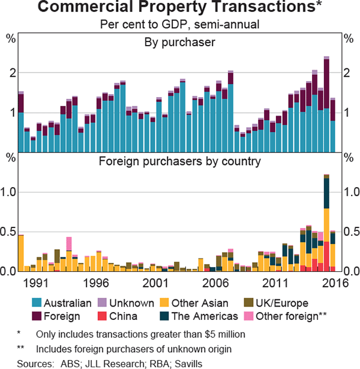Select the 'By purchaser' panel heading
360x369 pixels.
179,42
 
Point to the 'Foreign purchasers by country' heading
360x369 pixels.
179,161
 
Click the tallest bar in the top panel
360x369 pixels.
326,105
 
